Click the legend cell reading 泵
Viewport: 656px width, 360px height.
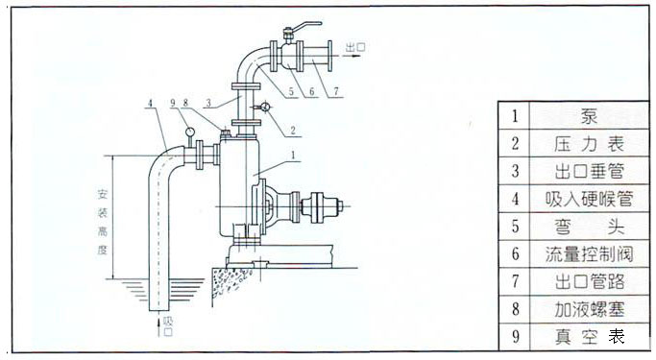click(589, 116)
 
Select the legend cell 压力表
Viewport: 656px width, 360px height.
click(589, 143)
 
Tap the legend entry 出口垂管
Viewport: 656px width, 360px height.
click(589, 171)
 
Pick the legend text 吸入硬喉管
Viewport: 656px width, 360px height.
click(589, 199)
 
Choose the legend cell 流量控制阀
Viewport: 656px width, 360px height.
click(589, 253)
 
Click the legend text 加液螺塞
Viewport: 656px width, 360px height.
click(589, 309)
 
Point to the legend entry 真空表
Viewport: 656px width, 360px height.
click(589, 337)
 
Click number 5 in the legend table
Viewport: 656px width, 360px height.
click(515, 227)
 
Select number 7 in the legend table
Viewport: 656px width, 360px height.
click(515, 281)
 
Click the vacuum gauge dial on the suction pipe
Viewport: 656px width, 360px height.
click(189, 132)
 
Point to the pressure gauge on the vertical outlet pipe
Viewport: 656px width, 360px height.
click(265, 108)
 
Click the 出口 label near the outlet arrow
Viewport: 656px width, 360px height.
click(355, 47)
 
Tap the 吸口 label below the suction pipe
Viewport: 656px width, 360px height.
click(168, 326)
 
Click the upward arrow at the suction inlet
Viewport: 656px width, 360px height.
click(158, 327)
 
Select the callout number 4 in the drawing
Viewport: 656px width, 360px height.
click(150, 103)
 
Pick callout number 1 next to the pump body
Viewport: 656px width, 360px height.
click(293, 156)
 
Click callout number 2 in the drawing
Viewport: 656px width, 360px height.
click(293, 130)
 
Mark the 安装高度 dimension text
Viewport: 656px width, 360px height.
click(103, 222)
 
